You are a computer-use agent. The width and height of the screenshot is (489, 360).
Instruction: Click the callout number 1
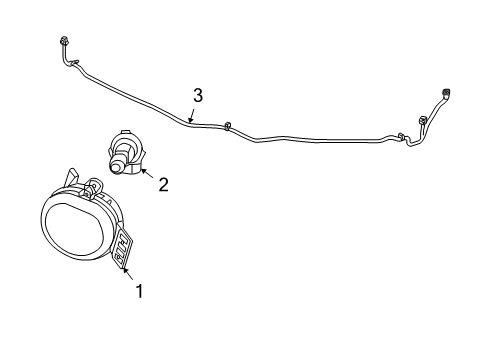[139, 291]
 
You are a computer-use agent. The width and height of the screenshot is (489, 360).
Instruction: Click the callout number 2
[163, 183]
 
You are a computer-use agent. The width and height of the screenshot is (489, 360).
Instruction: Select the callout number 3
[198, 95]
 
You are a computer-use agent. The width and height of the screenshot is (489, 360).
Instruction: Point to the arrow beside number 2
[147, 174]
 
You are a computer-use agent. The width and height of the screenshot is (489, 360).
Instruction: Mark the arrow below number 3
[191, 118]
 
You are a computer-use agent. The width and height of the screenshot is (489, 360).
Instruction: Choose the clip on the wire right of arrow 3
[228, 125]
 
